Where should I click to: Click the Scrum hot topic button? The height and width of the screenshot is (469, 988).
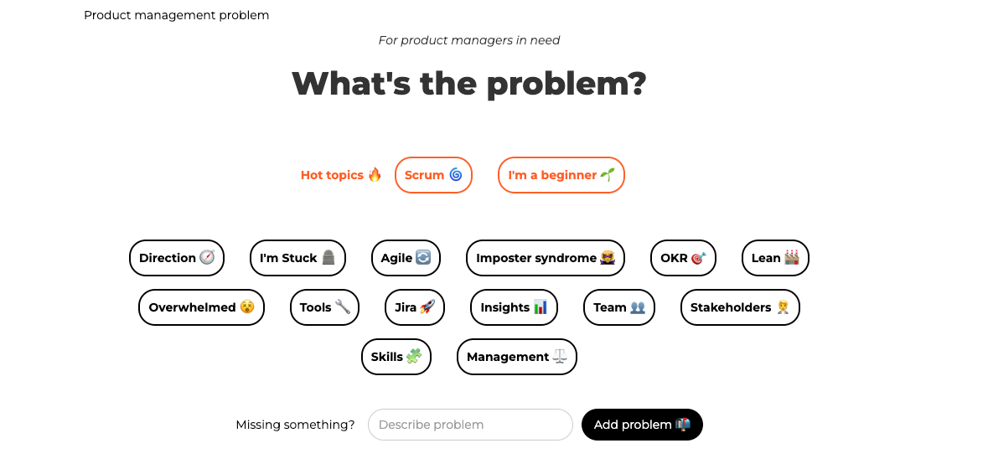[x=433, y=175]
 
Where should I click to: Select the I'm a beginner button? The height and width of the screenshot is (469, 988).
[x=561, y=175]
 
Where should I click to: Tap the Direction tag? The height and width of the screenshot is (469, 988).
[x=177, y=258]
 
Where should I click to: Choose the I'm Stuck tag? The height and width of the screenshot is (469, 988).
[x=297, y=258]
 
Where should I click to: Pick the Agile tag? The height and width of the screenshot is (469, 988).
[x=406, y=258]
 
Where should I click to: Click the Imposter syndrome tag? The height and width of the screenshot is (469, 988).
[x=545, y=258]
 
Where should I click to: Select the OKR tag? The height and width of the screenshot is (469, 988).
[x=683, y=258]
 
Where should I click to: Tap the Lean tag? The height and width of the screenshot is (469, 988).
[x=775, y=258]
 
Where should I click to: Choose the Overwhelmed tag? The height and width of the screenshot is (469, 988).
[x=201, y=307]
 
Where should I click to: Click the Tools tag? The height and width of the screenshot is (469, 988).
[x=324, y=307]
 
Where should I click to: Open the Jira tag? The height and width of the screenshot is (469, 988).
[x=415, y=307]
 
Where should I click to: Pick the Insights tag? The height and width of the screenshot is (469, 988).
[x=514, y=307]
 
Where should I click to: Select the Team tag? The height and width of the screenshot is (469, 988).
[x=618, y=307]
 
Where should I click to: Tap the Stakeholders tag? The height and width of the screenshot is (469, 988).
[x=740, y=307]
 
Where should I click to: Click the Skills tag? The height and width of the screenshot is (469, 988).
[x=396, y=357]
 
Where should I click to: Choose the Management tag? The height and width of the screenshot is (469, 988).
[x=517, y=357]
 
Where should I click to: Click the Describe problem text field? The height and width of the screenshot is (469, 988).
[x=470, y=425]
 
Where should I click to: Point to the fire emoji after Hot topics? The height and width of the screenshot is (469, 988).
[x=375, y=174]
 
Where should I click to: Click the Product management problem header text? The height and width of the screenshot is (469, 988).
[x=177, y=15]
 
